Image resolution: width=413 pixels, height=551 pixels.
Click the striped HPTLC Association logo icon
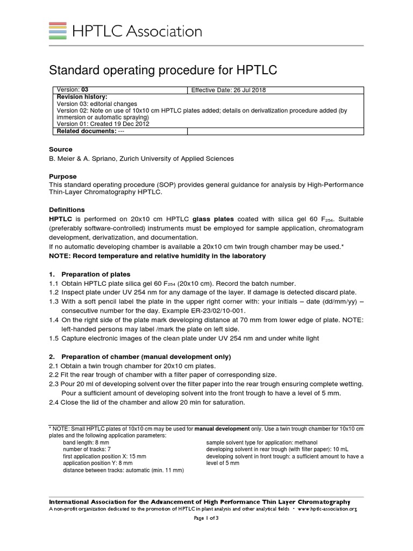58,31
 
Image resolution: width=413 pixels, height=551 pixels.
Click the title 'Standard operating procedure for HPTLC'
163,70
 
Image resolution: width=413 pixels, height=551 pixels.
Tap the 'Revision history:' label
82,97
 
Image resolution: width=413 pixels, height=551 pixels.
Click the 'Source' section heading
61,149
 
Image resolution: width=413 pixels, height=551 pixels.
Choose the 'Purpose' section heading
63,176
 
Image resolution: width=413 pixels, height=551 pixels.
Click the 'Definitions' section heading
67,209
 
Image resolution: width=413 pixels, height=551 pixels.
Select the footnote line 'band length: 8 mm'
86,442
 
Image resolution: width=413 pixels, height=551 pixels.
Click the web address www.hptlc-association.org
327,508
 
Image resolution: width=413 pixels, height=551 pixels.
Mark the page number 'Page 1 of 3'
206,518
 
